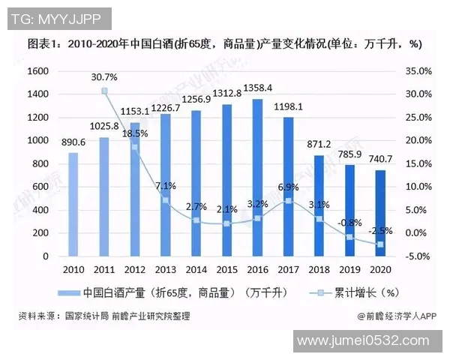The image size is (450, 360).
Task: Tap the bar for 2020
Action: point(380,213)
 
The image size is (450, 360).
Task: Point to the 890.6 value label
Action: point(73,142)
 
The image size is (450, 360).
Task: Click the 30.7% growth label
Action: point(105,77)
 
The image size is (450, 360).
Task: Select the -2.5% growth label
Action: point(380,231)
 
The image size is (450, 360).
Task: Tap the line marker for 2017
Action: point(288,201)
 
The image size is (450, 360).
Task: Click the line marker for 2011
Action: point(105,91)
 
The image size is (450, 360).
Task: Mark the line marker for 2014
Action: point(196,220)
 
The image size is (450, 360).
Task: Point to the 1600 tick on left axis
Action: point(37,70)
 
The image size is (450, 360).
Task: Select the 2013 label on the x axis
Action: point(165,269)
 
